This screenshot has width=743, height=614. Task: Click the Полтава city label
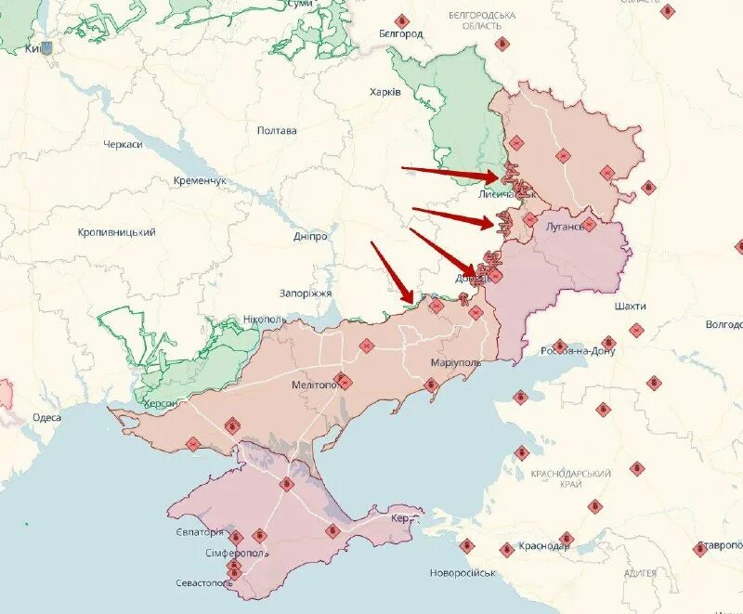coord(277,130)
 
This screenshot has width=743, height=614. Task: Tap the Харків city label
coord(385,92)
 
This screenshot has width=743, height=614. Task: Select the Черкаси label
coord(123,146)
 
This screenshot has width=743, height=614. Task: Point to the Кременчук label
coord(200,180)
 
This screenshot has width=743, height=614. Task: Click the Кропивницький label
coord(116,232)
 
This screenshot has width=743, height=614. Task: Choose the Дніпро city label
coord(310,237)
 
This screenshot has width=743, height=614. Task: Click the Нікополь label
coord(266,320)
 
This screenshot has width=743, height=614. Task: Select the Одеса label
coord(46,418)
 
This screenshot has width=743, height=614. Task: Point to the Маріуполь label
coord(456,362)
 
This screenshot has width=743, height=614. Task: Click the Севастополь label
coord(203,583)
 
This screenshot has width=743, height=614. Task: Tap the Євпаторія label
coord(199,532)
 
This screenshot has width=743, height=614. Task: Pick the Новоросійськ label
coord(463,573)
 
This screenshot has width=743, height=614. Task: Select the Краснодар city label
coord(544,546)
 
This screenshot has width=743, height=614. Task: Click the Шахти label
coord(630,306)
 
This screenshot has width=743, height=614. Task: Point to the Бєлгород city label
coord(401,34)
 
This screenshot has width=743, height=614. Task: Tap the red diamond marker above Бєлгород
coord(401,20)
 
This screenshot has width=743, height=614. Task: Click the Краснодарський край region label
coord(570,479)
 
